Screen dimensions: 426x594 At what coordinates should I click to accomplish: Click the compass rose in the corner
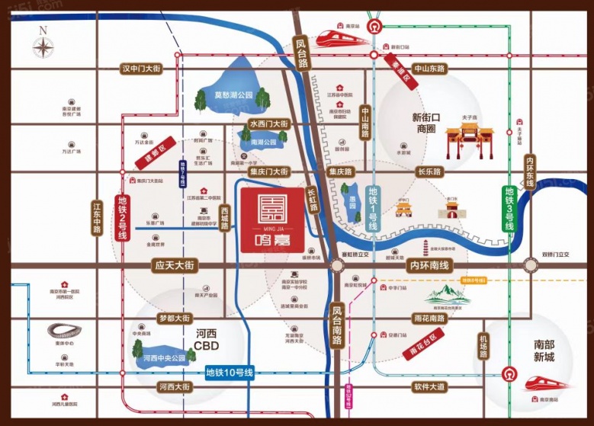click(43, 46)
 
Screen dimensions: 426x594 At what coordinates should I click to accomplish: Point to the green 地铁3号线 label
click(509, 210)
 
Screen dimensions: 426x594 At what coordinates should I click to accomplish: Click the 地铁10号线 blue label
click(229, 373)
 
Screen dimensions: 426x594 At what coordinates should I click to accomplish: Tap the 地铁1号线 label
click(373, 209)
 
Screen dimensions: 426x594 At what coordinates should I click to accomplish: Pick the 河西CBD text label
click(206, 339)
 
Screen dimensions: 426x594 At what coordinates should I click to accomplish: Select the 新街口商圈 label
click(433, 123)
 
